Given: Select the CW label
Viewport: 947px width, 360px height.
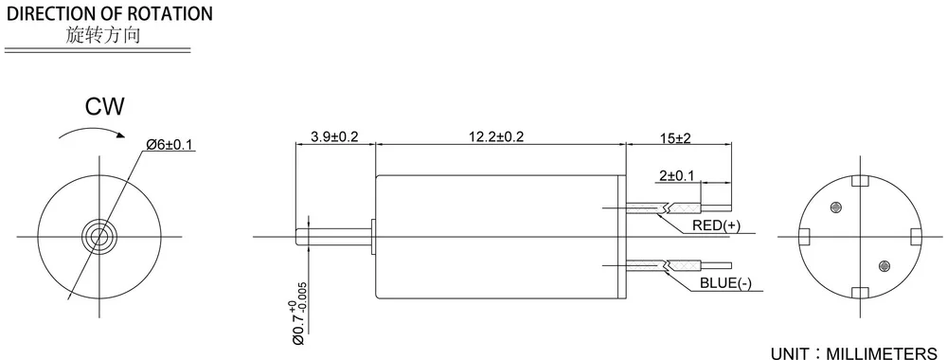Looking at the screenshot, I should [x=105, y=106].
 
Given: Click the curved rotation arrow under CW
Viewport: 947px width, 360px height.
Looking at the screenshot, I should [x=91, y=135].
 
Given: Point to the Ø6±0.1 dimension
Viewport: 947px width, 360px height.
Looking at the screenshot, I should [x=170, y=144].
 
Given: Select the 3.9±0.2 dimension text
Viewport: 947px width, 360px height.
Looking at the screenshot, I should [x=334, y=136].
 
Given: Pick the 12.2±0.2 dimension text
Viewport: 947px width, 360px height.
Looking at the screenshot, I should [x=496, y=136].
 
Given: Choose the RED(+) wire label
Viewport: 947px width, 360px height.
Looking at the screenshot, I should [x=717, y=225].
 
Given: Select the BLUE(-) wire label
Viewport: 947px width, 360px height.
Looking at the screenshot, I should [x=724, y=283].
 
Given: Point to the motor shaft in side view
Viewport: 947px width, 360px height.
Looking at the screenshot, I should [x=331, y=234].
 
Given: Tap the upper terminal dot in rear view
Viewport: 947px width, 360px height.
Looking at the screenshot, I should [x=835, y=207].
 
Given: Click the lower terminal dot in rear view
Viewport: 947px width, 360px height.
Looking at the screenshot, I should [x=884, y=264].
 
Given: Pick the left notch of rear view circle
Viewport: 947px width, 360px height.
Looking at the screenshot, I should [x=804, y=235].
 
